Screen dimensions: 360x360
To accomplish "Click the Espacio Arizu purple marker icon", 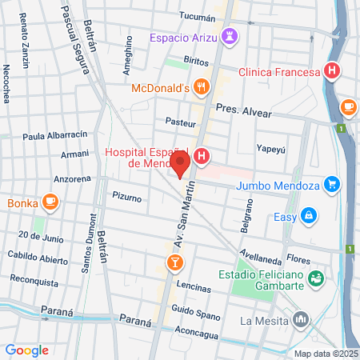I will point(230,37).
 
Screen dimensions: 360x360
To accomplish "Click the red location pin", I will point(180,166).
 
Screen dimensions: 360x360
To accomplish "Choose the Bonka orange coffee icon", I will point(50,202).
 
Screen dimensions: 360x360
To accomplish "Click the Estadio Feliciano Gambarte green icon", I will point(317,278).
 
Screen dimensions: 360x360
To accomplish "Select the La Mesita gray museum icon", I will point(301,320).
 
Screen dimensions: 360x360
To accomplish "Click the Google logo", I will point(26,350).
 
